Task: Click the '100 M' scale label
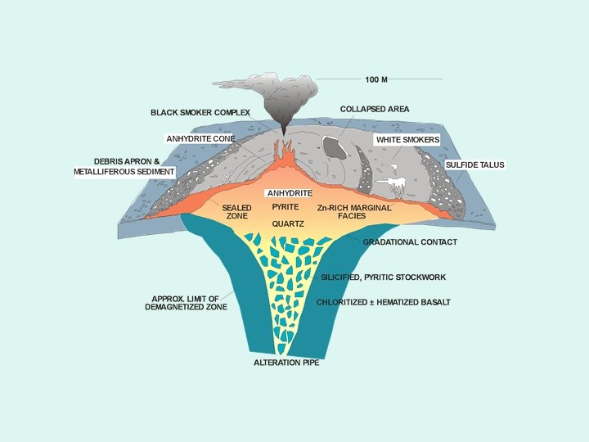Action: [376, 79]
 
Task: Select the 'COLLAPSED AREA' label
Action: [375, 109]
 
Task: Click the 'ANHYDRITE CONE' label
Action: [200, 139]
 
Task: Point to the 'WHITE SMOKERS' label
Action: [407, 140]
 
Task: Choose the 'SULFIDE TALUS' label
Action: [475, 165]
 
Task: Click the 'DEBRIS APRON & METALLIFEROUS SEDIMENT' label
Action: [124, 166]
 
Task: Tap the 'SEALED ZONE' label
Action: [236, 212]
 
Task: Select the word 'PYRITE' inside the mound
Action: [286, 207]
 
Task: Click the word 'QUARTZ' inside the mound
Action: [289, 223]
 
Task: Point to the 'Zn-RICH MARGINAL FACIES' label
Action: [354, 212]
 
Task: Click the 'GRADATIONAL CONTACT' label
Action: [410, 242]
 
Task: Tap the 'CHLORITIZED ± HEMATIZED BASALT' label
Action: [384, 302]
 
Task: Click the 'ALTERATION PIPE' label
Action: [286, 362]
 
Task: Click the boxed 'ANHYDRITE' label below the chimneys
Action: [290, 192]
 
